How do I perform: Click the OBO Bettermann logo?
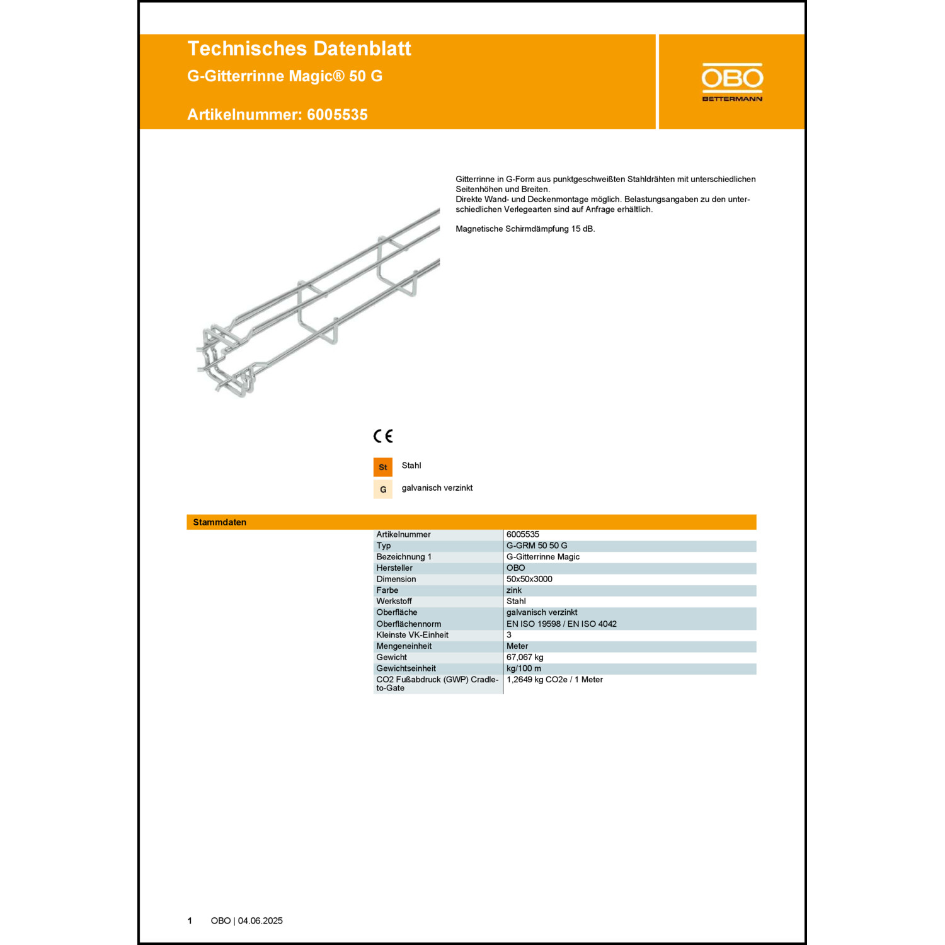(732, 82)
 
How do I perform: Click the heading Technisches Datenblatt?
(299, 49)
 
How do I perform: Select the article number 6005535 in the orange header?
(337, 115)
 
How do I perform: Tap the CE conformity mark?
(383, 436)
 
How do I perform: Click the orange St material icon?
(383, 467)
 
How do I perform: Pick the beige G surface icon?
(383, 490)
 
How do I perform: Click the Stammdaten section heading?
(220, 522)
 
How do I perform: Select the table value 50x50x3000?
(529, 579)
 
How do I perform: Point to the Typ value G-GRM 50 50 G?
(537, 546)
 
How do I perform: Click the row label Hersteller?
(394, 568)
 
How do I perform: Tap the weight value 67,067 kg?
(525, 657)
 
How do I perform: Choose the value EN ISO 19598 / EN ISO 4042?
(561, 624)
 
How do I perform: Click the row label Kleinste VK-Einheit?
(412, 635)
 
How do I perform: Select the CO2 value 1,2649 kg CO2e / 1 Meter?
(554, 680)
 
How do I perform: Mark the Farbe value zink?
(514, 590)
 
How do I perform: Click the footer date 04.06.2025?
(260, 920)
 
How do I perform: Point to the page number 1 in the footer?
(190, 920)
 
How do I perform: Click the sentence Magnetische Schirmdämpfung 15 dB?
(525, 229)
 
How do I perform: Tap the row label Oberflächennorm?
(408, 624)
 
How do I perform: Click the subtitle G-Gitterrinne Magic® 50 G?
(285, 76)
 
